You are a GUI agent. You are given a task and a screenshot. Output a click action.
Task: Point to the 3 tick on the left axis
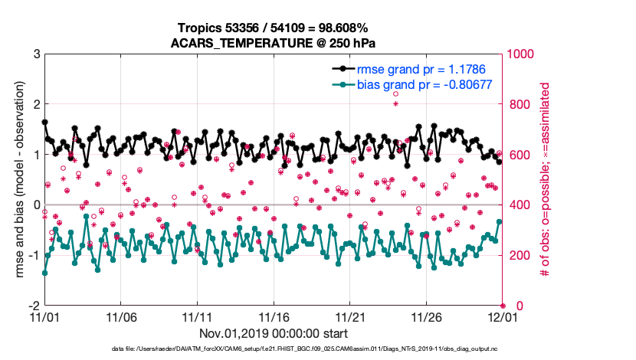coord(36,54)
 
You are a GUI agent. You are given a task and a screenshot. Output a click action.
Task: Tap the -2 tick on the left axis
coord(34,306)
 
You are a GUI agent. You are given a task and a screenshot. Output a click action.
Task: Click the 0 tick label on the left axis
coord(36,205)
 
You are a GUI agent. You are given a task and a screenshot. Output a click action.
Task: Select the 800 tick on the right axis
coord(517,104)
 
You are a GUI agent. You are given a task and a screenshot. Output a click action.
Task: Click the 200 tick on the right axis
coord(517,255)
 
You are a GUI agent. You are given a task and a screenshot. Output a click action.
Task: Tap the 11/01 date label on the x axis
coord(44,316)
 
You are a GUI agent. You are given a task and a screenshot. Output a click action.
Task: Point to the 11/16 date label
coord(274,316)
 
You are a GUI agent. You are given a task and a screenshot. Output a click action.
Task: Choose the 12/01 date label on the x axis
coord(503,316)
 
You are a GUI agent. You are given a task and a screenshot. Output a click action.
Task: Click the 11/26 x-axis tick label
coord(426,316)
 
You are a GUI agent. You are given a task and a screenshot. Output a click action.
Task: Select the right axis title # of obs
coord(546,179)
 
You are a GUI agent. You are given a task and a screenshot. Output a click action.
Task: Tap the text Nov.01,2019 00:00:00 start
coord(274,333)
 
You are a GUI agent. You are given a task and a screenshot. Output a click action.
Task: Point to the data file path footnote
coord(274,350)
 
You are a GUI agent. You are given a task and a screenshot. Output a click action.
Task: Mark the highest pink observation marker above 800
coord(395,94)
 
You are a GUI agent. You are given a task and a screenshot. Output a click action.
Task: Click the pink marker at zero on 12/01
coord(503,306)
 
